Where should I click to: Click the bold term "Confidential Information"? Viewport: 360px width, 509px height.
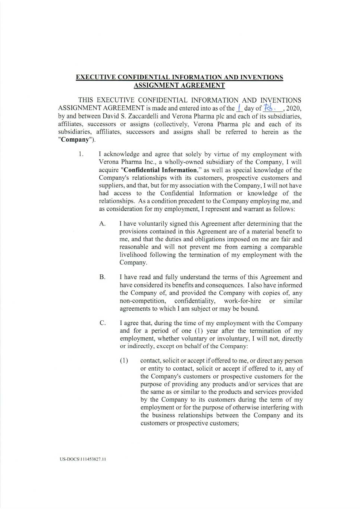(162, 170)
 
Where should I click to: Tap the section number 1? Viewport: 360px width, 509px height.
(80, 154)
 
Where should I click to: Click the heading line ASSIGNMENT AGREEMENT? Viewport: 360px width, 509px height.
(179, 85)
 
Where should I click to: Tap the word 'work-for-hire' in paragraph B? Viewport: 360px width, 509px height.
(242, 301)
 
